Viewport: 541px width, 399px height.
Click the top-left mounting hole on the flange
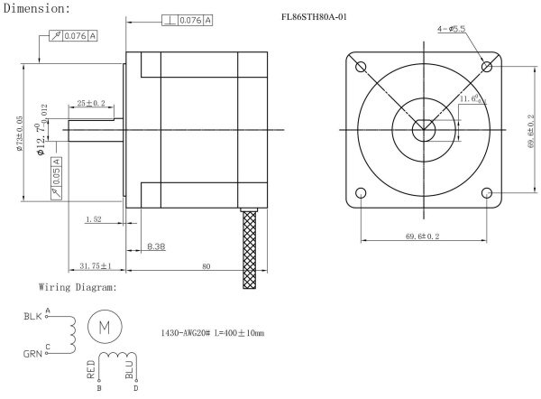point(362,67)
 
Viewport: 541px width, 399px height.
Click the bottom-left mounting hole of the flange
point(362,192)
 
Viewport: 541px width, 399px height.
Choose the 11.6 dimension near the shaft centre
point(469,98)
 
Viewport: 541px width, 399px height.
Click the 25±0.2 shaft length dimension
point(90,104)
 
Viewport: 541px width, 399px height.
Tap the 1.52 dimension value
point(93,219)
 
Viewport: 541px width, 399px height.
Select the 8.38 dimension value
point(156,246)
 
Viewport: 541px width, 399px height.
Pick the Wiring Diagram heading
point(78,288)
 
